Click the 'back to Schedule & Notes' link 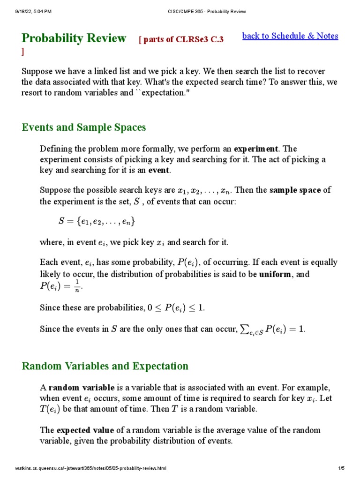click(x=290, y=36)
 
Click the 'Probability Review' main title click(x=74, y=38)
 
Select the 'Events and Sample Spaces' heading click(x=84, y=127)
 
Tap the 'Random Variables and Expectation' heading click(x=105, y=366)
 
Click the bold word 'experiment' click(x=256, y=149)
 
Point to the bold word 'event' click(x=159, y=170)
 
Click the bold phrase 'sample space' click(x=295, y=190)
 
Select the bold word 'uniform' click(x=275, y=274)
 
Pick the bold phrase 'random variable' click(x=82, y=388)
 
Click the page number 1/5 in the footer click(x=341, y=468)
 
